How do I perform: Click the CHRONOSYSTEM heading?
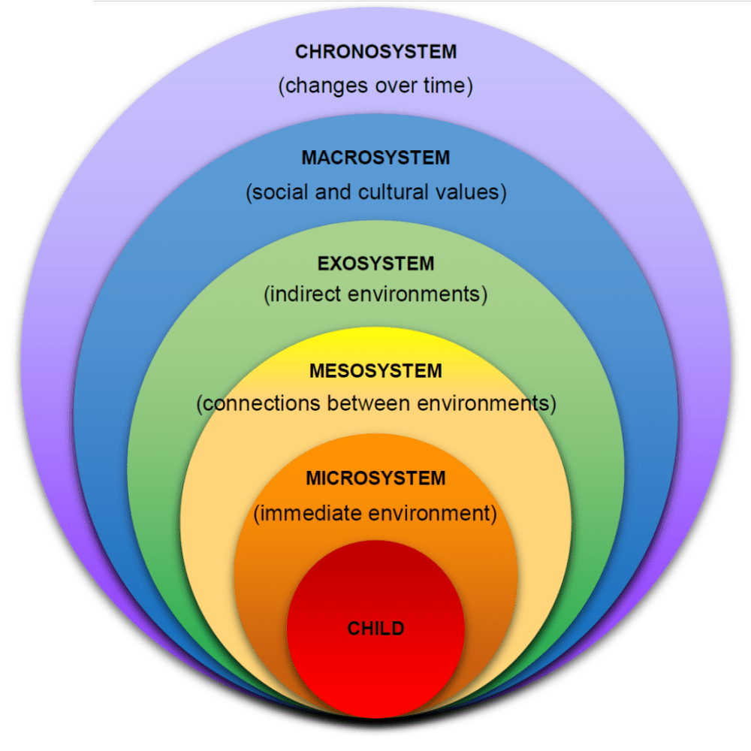[375, 52]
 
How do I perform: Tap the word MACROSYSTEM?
[375, 158]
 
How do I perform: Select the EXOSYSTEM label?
[375, 264]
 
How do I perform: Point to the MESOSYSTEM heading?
[375, 371]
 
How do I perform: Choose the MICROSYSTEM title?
[375, 478]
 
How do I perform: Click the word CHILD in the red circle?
[375, 628]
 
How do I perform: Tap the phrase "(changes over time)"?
[375, 86]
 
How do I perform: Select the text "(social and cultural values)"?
[375, 192]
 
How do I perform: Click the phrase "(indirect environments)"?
[375, 294]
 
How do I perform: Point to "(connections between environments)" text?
[375, 403]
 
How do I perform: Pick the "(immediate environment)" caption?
[375, 514]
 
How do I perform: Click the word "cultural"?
[397, 192]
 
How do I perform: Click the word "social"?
[274, 192]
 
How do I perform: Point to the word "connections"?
[259, 404]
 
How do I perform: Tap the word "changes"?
[318, 86]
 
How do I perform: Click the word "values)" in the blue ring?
[473, 192]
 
